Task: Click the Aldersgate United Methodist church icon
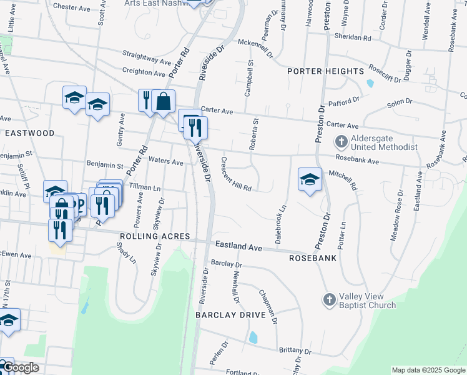click(342, 142)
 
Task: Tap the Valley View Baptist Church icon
click(330, 300)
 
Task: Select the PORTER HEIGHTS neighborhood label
click(325, 71)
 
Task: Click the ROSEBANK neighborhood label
click(313, 257)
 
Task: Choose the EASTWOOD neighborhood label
click(29, 133)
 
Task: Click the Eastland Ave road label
click(238, 247)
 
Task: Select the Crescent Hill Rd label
click(236, 174)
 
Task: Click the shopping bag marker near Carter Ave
click(163, 101)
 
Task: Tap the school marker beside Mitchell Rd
click(309, 179)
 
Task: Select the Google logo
click(20, 367)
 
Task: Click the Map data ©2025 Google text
click(428, 370)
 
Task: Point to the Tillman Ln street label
click(145, 187)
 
